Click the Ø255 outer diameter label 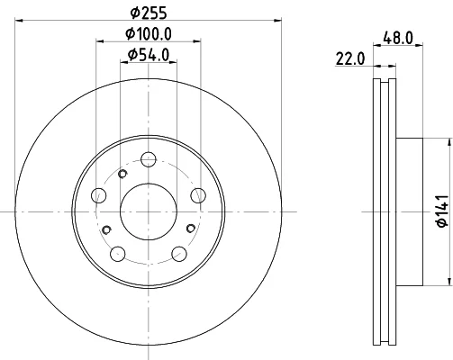[x=149, y=13]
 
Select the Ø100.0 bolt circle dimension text [x=149, y=33]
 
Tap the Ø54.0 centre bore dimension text [x=149, y=55]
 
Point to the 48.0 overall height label [x=398, y=38]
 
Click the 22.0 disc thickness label [x=349, y=58]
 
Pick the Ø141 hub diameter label [x=442, y=211]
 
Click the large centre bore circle [x=149, y=211]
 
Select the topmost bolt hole [x=149, y=159]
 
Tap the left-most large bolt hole [x=98, y=195]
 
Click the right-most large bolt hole [x=198, y=195]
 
